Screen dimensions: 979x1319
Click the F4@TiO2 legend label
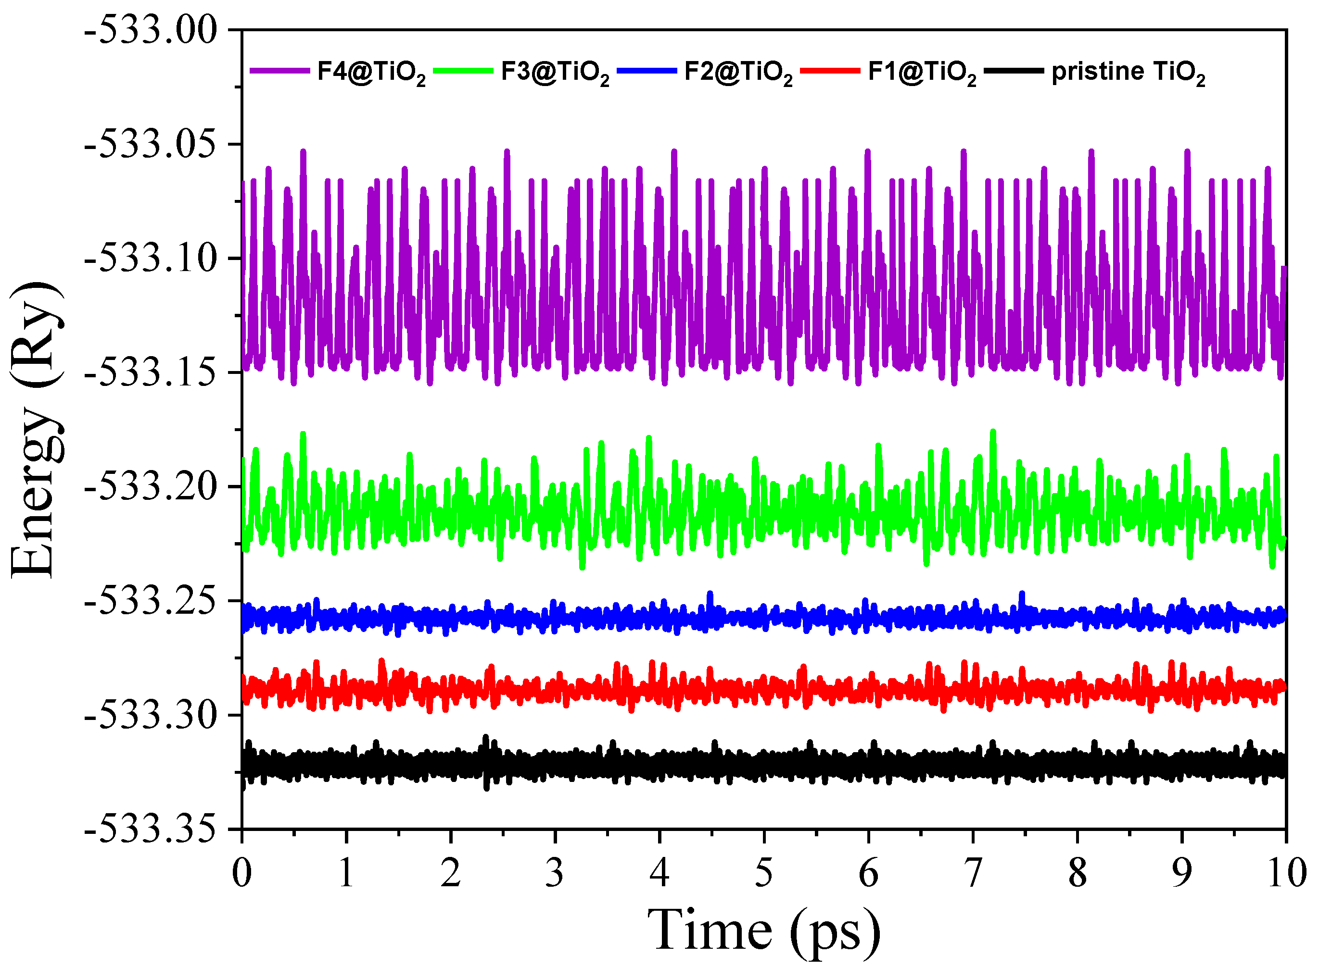371,72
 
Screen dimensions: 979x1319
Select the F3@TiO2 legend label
555,72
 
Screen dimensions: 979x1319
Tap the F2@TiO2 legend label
738,72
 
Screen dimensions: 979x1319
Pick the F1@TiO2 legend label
922,72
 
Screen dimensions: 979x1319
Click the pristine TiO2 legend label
1128,72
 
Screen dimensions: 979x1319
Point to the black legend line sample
1014,71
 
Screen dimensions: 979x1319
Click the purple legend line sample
279,71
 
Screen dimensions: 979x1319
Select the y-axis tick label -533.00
151,30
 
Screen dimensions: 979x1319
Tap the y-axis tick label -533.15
151,373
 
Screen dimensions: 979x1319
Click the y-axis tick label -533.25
151,602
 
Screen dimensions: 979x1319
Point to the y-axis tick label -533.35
151,829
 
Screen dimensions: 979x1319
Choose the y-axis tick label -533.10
151,259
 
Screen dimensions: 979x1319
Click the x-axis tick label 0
242,872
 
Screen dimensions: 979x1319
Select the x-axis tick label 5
764,872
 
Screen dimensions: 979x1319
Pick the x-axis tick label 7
973,872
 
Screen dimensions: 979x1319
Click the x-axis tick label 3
555,872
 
